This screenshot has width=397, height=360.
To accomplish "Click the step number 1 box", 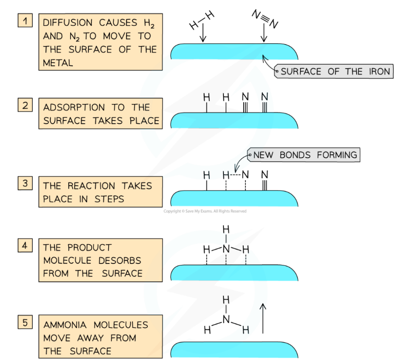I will (25, 21).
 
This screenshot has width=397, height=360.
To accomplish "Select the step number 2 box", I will (25, 105).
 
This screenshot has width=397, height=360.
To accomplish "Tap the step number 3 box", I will (25, 183).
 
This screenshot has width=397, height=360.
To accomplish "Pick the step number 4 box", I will (25, 245).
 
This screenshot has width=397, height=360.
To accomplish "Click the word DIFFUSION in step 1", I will (69, 23).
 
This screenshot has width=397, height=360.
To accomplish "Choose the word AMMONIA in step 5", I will (66, 325).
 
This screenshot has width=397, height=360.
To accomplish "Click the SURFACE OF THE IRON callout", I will (334, 72).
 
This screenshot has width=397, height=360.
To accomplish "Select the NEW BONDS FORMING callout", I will (305, 155).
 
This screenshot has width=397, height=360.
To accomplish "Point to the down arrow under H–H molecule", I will (202, 33).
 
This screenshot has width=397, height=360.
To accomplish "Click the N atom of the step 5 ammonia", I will (226, 320).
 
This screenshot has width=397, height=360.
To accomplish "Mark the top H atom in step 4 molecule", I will (226, 230).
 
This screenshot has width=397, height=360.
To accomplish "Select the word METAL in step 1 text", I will (58, 63).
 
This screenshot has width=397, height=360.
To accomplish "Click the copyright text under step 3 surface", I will (205, 211).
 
